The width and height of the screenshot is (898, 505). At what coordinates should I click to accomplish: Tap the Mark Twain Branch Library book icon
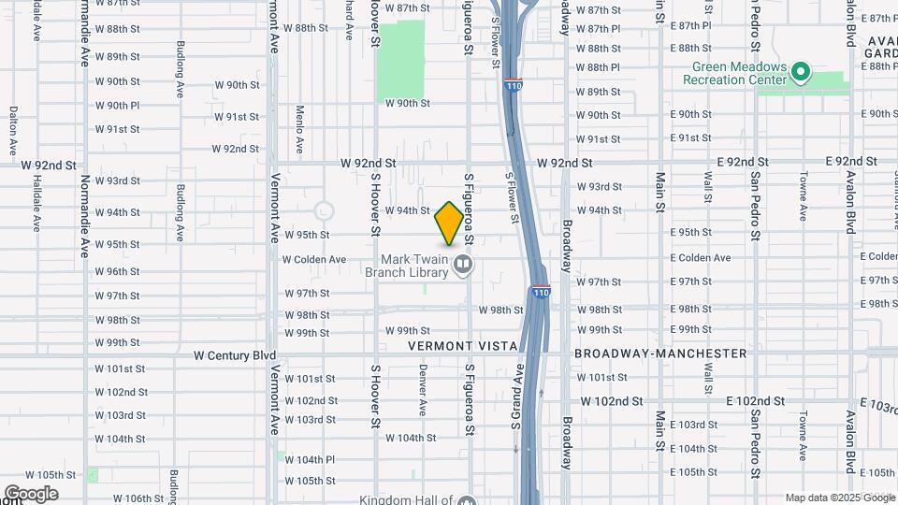coord(462,267)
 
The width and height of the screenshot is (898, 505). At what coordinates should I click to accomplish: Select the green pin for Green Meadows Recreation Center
coord(800,72)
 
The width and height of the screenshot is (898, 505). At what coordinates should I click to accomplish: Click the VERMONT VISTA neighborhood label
coord(463,346)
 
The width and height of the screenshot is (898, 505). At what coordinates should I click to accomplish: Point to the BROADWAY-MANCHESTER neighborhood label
coord(660,353)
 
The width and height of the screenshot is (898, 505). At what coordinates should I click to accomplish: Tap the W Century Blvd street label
coord(235,355)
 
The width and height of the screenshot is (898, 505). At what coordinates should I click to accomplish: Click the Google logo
coord(30,494)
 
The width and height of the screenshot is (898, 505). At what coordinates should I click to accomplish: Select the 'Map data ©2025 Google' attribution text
coord(840,498)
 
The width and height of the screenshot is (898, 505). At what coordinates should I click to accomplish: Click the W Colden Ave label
coord(315,259)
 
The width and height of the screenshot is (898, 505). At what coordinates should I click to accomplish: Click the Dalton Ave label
coord(13,130)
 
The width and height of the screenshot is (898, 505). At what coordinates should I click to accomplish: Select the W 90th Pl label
coord(117,106)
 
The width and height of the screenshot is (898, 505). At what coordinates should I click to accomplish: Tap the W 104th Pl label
coord(311,459)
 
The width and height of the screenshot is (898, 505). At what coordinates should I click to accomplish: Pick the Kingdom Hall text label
coord(406,500)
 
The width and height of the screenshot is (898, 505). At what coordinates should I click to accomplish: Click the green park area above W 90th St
coord(400,61)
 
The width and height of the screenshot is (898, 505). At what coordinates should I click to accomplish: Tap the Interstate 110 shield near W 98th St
coord(541,292)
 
